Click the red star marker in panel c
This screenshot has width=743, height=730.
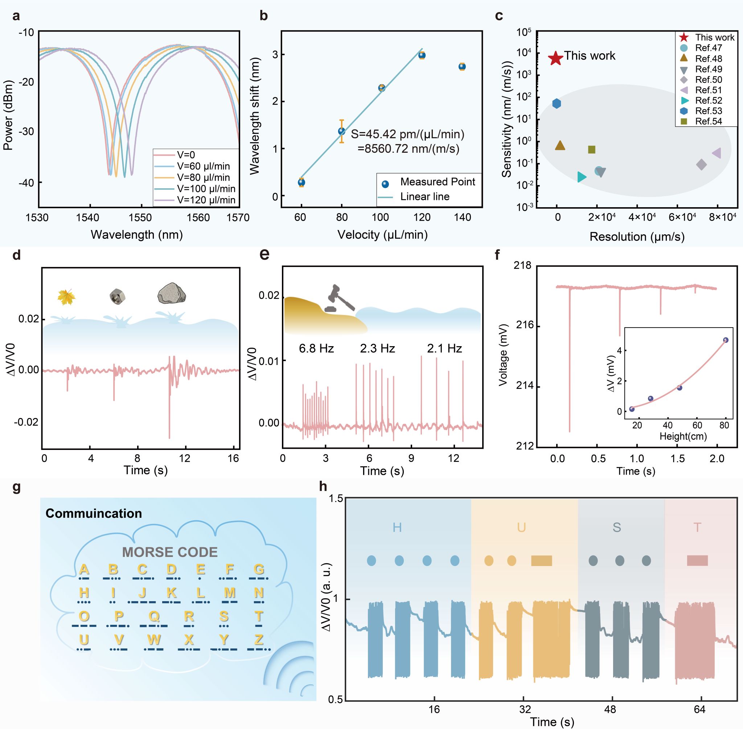pyautogui.click(x=555, y=58)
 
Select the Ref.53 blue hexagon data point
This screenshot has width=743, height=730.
pyautogui.click(x=557, y=103)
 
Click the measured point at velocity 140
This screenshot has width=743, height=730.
pyautogui.click(x=462, y=67)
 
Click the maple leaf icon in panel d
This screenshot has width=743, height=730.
pyautogui.click(x=66, y=297)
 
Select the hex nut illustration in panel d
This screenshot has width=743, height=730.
pyautogui.click(x=117, y=296)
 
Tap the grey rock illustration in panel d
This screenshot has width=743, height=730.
pyautogui.click(x=172, y=293)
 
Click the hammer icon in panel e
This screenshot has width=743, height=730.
pyautogui.click(x=339, y=298)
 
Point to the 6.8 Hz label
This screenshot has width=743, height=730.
pyautogui.click(x=316, y=349)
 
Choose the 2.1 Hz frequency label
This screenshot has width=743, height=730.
pyautogui.click(x=444, y=349)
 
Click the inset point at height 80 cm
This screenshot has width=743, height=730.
pyautogui.click(x=725, y=340)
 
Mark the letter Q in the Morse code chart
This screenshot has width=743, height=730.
pyautogui.click(x=154, y=616)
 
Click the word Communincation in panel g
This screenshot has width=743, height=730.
pyautogui.click(x=94, y=513)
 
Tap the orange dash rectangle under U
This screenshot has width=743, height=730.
pyautogui.click(x=541, y=561)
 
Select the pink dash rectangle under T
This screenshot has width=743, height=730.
pyautogui.click(x=697, y=561)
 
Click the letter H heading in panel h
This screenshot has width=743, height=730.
pyautogui.click(x=397, y=528)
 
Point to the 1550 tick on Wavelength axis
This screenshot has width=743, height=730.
pyautogui.click(x=140, y=218)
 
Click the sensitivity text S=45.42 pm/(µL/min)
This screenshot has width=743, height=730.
pyautogui.click(x=407, y=134)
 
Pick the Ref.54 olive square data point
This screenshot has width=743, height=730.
pyautogui.click(x=592, y=149)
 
